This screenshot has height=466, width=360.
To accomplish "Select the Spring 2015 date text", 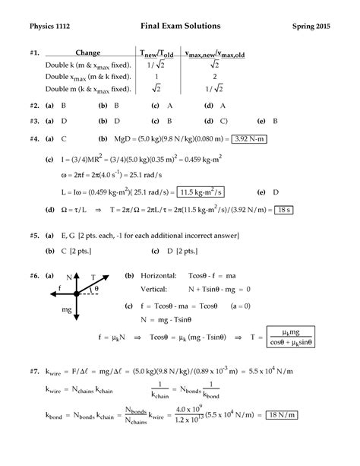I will [312, 26].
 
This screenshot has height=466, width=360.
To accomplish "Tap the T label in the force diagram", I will [93, 277].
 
